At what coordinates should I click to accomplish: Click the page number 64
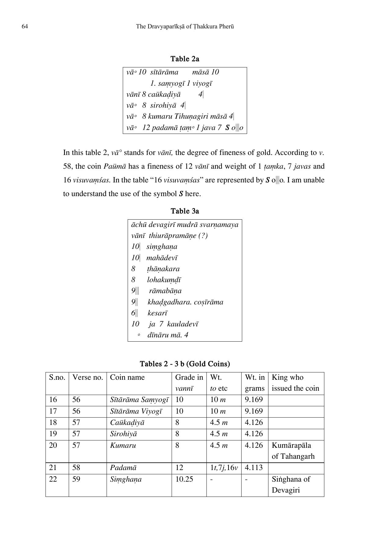click(x=25, y=27)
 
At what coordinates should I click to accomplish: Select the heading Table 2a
click(x=185, y=59)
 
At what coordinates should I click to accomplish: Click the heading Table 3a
click(x=185, y=211)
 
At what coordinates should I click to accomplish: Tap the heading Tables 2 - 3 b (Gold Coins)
click(x=185, y=364)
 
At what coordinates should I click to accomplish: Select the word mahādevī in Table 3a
click(x=162, y=258)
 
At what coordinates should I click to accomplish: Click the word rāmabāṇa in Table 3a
click(x=165, y=291)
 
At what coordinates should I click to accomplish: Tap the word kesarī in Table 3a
click(x=158, y=313)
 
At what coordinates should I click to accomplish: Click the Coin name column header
click(x=127, y=378)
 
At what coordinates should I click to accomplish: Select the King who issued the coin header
click(x=295, y=383)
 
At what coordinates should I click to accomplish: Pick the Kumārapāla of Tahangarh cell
click(x=293, y=451)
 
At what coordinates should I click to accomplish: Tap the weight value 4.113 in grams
click(x=254, y=468)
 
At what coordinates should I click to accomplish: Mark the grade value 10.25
click(x=184, y=479)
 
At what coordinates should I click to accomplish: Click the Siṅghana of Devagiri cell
click(x=291, y=485)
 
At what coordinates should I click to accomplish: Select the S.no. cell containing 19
click(x=53, y=434)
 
